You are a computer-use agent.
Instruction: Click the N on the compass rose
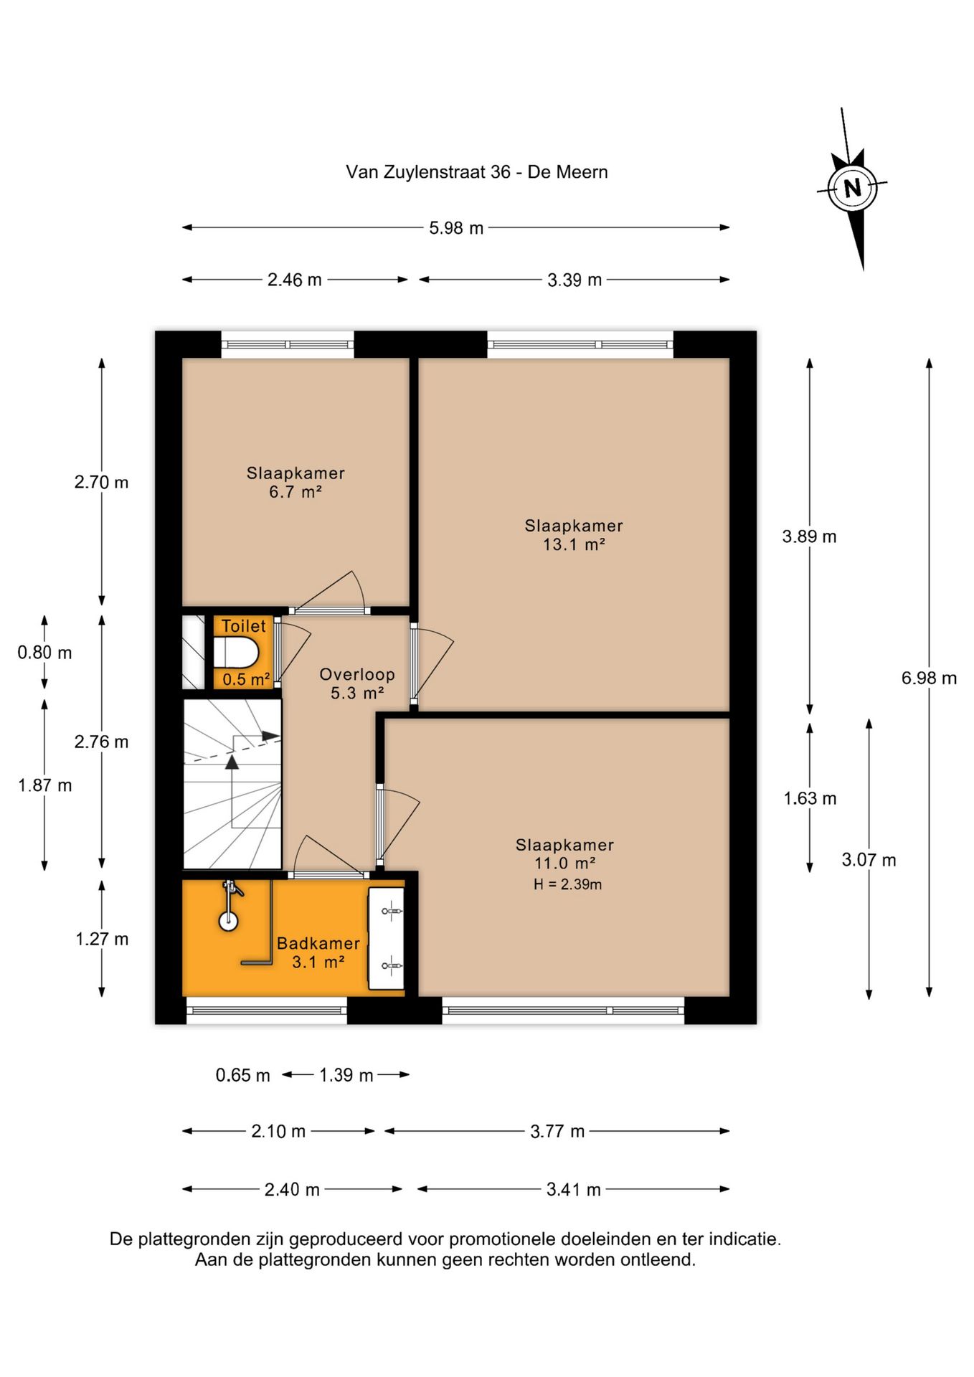point(852,188)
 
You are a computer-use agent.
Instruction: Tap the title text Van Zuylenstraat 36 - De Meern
point(477,172)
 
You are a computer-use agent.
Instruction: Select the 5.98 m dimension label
point(456,228)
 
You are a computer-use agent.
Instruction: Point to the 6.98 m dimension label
point(929,678)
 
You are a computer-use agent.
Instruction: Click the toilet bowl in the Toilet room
point(236,653)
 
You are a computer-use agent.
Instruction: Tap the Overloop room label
point(357,674)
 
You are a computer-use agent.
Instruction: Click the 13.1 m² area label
point(574,544)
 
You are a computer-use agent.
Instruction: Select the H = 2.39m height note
point(567,884)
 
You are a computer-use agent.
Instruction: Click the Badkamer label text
point(318,943)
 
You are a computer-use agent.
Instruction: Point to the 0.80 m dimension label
point(44,653)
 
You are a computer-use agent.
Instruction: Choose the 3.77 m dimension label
point(557,1131)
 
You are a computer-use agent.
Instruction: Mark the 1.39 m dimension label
point(346,1075)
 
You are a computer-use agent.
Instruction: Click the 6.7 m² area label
point(295,492)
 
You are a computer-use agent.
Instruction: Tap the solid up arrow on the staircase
point(232,762)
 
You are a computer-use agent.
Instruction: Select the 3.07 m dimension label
point(869,860)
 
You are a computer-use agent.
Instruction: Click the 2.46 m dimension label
point(295,280)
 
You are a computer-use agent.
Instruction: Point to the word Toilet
point(244,626)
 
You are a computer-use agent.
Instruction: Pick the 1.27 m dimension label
point(102,939)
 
